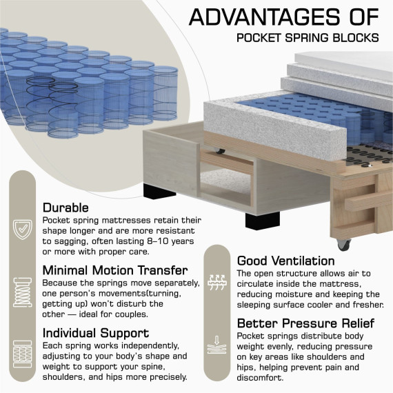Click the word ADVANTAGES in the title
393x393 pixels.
tap(264, 17)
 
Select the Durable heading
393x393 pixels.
tap(65, 208)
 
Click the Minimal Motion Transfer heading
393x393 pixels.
tap(115, 270)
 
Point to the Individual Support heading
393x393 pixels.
tap(96, 333)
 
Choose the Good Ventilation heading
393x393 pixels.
tap(285, 261)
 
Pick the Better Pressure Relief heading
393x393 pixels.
tap(305, 323)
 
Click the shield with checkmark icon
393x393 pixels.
tap(23, 230)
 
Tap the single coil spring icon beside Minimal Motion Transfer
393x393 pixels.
tap(23, 292)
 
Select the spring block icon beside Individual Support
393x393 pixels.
tap(23, 354)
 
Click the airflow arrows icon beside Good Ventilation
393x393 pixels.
tap(217, 283)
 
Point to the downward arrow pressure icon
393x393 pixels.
tap(217, 345)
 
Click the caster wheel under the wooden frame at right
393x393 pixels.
tap(343, 244)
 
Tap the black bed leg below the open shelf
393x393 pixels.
tap(263, 221)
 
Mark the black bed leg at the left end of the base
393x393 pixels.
tap(160, 190)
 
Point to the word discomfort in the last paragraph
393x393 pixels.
tap(260, 377)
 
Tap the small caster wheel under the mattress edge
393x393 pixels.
tap(220, 151)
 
